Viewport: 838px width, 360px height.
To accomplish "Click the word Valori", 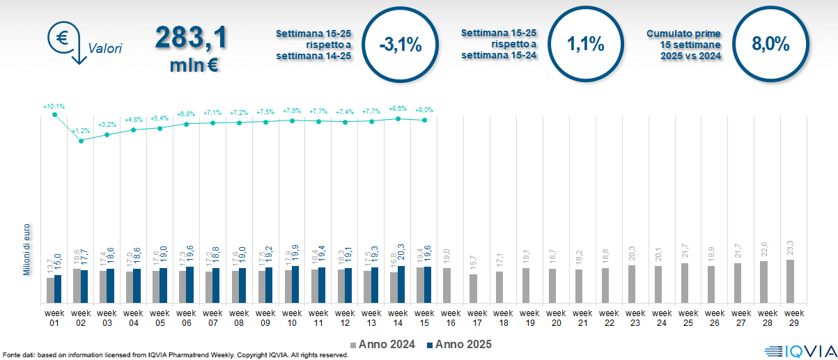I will tap(104, 49).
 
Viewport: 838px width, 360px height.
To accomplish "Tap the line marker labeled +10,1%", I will tap(54, 115).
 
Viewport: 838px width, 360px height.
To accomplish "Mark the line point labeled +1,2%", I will tap(81, 141).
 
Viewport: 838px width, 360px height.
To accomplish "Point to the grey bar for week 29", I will tap(789, 281).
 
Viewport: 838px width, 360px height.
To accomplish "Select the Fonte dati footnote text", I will tap(174, 355).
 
